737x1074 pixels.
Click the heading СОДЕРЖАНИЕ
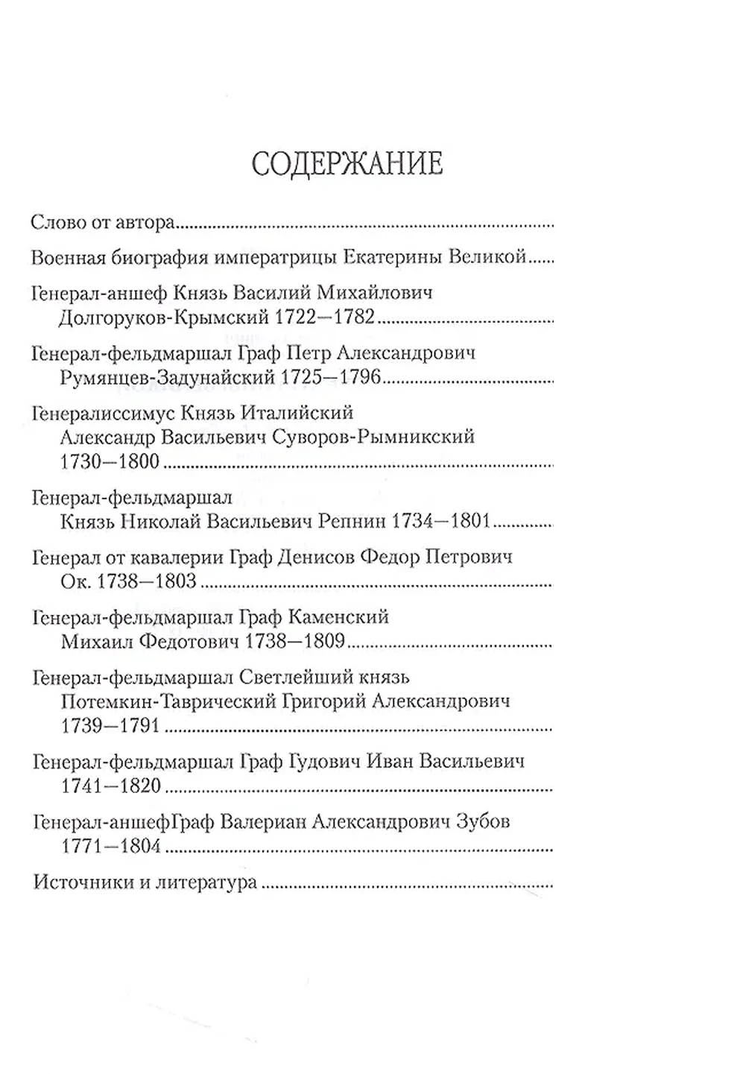pyautogui.click(x=347, y=164)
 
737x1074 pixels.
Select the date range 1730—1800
pyautogui.click(x=110, y=461)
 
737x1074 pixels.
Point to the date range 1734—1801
pyautogui.click(x=442, y=521)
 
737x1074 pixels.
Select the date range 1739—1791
pyautogui.click(x=110, y=725)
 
